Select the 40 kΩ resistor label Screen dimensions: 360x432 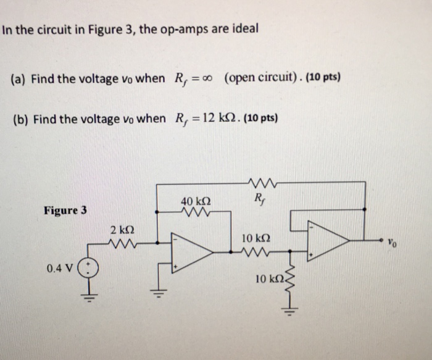point(196,201)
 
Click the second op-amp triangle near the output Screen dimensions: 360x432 point(328,241)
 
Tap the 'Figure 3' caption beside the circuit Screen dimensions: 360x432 point(65,210)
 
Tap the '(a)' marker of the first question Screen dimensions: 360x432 point(19,78)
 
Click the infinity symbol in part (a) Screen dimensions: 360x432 point(210,78)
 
